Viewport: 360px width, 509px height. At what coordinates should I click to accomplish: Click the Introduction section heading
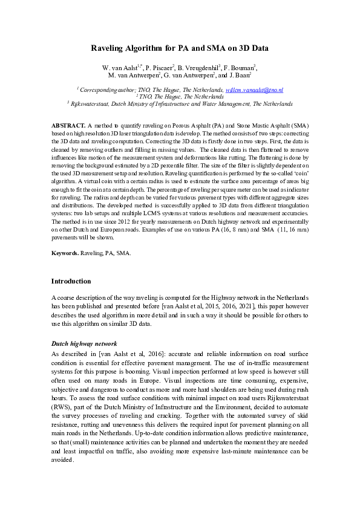tap(71, 281)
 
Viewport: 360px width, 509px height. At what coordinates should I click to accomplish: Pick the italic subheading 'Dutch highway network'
tap(83, 343)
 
